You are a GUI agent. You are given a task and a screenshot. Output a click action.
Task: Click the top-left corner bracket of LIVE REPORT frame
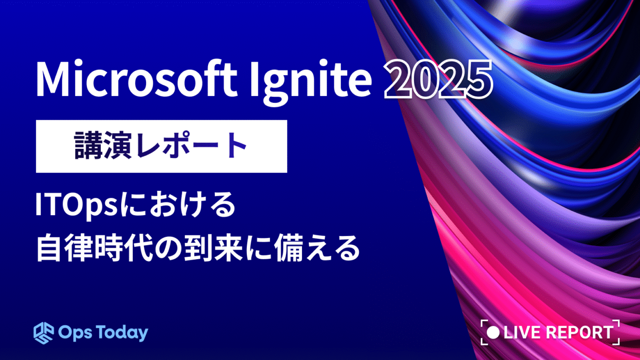pyautogui.click(x=483, y=323)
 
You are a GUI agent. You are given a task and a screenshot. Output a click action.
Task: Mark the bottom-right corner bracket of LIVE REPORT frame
pyautogui.click(x=617, y=342)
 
